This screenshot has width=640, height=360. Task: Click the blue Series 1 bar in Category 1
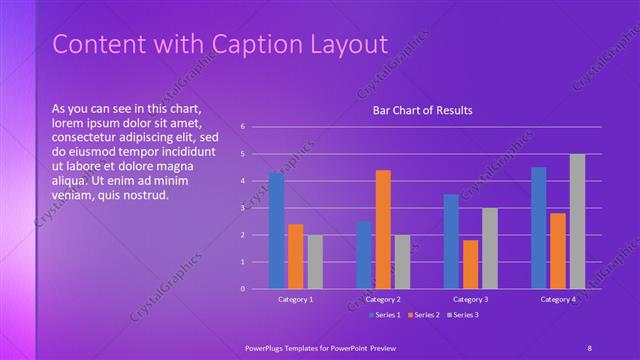[x=276, y=231]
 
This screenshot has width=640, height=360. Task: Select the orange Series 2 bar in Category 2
[x=383, y=229]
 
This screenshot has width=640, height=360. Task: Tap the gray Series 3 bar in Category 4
[x=577, y=221]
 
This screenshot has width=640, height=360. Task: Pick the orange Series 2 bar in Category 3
[x=470, y=264]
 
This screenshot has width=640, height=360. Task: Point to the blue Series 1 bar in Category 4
[x=539, y=228]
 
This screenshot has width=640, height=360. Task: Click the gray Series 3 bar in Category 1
[x=315, y=262]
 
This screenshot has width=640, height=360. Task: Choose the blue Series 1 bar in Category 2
[x=364, y=255]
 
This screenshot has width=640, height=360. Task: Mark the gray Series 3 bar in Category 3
[x=489, y=248]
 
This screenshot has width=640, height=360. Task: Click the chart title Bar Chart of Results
[x=423, y=110]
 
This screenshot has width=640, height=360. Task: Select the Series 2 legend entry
[x=423, y=315]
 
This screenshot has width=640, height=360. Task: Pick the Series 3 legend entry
[x=463, y=315]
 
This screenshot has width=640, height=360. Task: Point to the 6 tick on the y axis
[x=243, y=127]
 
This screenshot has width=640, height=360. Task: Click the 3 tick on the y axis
[x=243, y=208]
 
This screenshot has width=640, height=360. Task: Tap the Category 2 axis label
[x=383, y=299]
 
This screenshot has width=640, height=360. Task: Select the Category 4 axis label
[x=558, y=299]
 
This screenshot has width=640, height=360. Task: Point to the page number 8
[x=589, y=347]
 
